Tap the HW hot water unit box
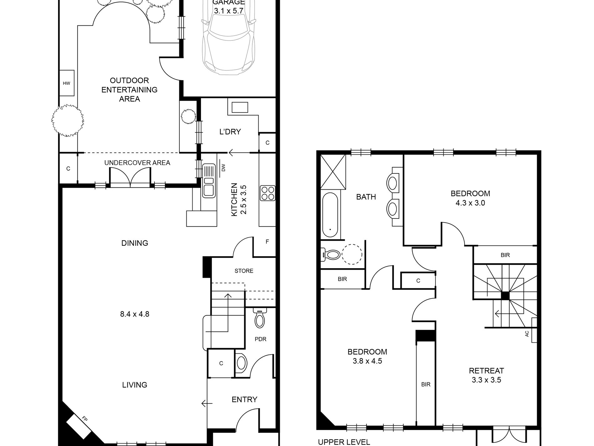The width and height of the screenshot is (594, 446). [x=67, y=83]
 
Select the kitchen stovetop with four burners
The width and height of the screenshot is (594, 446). [x=268, y=193]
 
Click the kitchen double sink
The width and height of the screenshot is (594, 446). [x=209, y=181]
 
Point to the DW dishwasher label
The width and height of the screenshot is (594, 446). [x=223, y=168]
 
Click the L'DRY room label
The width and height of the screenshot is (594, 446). [x=230, y=132]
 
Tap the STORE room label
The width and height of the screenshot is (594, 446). [x=244, y=271]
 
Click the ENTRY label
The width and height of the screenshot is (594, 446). [x=244, y=399]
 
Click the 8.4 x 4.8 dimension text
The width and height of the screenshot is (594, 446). [x=134, y=314]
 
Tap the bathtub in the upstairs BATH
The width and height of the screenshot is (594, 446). [x=330, y=215]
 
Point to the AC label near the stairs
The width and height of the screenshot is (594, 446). [x=527, y=334]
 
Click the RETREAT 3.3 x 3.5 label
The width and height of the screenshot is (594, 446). [x=486, y=375]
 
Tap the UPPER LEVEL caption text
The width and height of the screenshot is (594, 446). [x=344, y=442]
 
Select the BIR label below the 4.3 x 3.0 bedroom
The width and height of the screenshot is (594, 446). [x=505, y=255]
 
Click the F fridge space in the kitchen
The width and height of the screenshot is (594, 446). [x=267, y=242]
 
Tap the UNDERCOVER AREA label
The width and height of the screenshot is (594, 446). [x=137, y=163]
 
